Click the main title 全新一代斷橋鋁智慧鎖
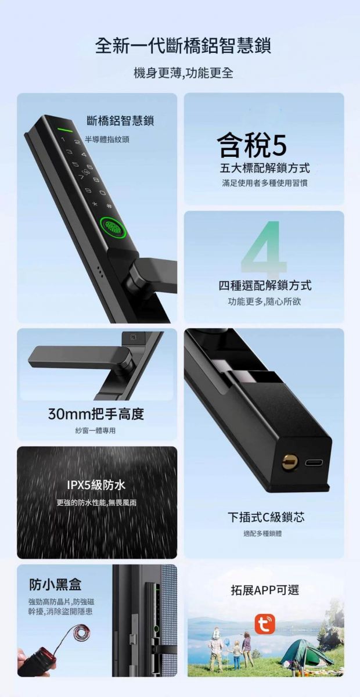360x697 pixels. click(183, 46)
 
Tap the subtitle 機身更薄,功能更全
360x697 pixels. click(183, 73)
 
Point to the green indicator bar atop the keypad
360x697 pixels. click(64, 130)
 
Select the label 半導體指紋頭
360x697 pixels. click(107, 139)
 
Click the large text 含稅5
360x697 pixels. click(252, 145)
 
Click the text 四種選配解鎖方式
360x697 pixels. click(265, 285)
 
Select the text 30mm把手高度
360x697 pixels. click(96, 414)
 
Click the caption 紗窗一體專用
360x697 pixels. click(96, 430)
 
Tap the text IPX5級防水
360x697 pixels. click(96, 485)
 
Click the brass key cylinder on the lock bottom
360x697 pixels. click(290, 461)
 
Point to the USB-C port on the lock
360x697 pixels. click(314, 462)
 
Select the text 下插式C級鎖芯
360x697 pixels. click(266, 517)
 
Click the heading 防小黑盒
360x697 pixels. click(55, 584)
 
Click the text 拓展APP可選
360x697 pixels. click(265, 590)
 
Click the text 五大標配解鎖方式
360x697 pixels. click(265, 168)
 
